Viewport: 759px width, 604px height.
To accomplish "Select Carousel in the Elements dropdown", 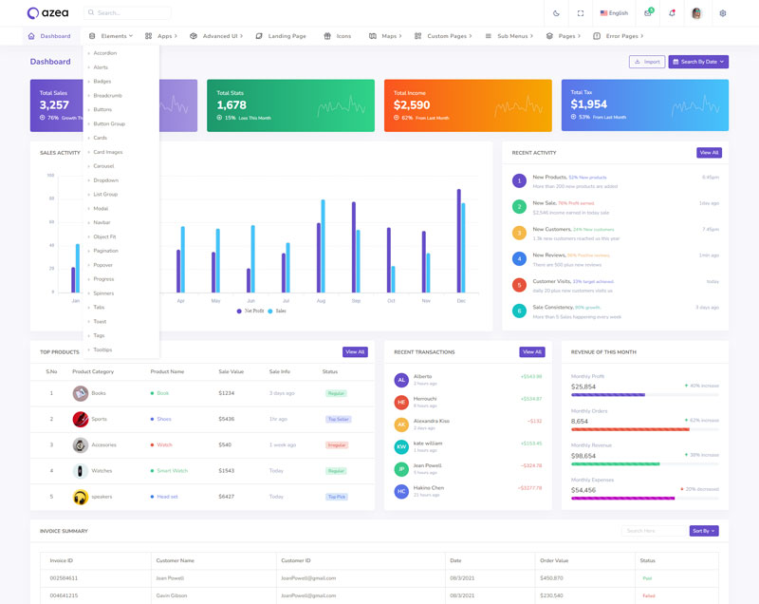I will [103, 166].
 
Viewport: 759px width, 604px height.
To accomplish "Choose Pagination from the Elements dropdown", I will [105, 251].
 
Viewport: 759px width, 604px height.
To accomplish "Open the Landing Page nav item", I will [287, 36].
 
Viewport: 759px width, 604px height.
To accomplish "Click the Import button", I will [647, 62].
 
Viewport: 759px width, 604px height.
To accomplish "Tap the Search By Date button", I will [698, 62].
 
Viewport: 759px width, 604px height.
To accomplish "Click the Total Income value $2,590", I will [412, 104].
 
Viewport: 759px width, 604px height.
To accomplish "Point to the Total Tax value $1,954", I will [589, 104].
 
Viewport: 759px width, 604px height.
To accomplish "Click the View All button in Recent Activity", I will [709, 153].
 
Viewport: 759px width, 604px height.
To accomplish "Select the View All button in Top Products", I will [355, 352].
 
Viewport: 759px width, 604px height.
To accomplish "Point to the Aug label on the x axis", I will [321, 301].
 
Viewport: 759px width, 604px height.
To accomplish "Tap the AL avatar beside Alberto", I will [401, 380].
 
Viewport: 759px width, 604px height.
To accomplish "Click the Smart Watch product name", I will [172, 471].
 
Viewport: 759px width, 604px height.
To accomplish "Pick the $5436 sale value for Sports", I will [226, 419].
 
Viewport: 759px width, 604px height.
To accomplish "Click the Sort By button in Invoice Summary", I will [704, 531].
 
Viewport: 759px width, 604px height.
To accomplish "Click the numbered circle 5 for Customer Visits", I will [519, 285].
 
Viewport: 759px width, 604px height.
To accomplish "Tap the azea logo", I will [46, 13].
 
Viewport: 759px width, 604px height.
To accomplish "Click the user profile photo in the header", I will [696, 13].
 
